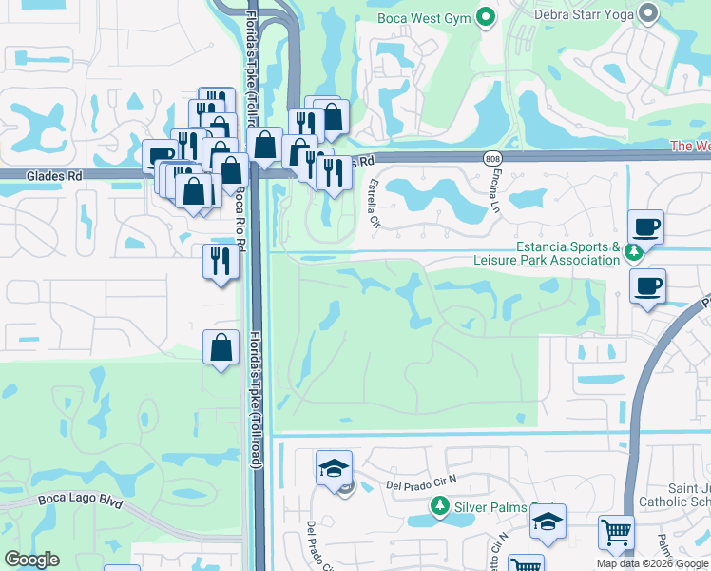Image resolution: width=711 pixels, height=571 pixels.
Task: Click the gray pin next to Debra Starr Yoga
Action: pyautogui.click(x=649, y=12)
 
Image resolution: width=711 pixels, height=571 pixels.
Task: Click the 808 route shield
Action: pyautogui.click(x=491, y=158)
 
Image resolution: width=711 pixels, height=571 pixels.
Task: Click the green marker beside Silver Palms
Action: pyautogui.click(x=439, y=505)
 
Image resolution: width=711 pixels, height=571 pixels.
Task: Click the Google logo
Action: pyautogui.click(x=31, y=559)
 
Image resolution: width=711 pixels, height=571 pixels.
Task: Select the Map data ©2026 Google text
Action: pyautogui.click(x=652, y=563)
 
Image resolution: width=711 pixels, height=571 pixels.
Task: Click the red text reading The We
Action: pyautogui.click(x=690, y=146)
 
